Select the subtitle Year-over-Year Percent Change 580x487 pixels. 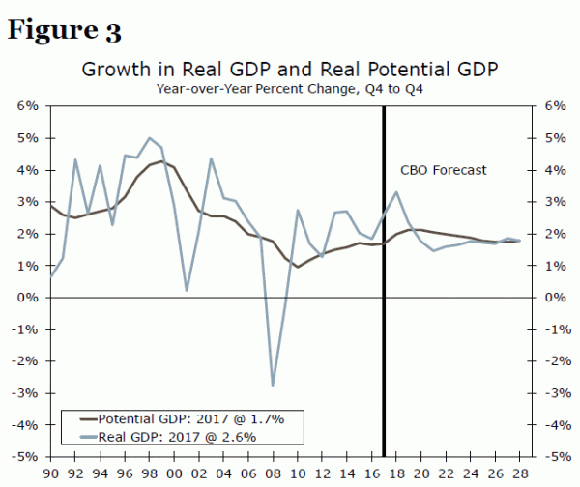click(290, 89)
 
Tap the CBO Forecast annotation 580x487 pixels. click(444, 170)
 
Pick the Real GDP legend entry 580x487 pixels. click(179, 438)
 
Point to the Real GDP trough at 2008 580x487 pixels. click(273, 386)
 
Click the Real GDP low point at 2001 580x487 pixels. click(187, 290)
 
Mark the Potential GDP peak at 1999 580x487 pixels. click(160, 161)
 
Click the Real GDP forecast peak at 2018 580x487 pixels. click(397, 192)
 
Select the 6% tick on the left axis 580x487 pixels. click(27, 105)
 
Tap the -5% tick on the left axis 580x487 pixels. click(25, 457)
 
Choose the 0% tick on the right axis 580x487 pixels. click(551, 298)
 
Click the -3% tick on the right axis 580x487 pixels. click(552, 393)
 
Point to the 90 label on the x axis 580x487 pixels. click(50, 473)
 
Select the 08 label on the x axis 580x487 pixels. click(273, 473)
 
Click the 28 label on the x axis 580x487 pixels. click(520, 473)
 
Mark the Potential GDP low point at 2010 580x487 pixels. click(298, 267)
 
